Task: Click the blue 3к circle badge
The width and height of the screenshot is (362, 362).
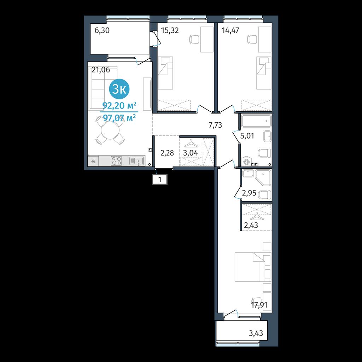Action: pyautogui.click(x=119, y=89)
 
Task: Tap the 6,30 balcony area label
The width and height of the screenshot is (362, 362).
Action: pyautogui.click(x=102, y=30)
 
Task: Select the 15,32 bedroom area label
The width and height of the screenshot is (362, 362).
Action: pyautogui.click(x=170, y=30)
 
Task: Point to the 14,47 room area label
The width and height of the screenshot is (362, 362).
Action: pyautogui.click(x=230, y=30)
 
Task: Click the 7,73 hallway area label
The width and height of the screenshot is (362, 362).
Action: pyautogui.click(x=215, y=125)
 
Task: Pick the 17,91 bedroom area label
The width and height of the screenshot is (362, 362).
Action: pyautogui.click(x=259, y=305)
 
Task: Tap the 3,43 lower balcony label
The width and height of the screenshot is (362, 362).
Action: pyautogui.click(x=256, y=333)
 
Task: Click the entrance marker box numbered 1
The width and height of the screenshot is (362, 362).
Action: pyautogui.click(x=159, y=179)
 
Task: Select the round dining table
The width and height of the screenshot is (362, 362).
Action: pyautogui.click(x=110, y=130)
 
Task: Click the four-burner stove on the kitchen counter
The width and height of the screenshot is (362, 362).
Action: pyautogui.click(x=116, y=161)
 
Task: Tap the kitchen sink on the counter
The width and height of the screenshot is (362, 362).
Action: pyautogui.click(x=137, y=161)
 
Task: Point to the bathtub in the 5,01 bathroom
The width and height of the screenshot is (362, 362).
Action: pyautogui.click(x=256, y=121)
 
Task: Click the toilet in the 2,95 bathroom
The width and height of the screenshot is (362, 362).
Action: pyautogui.click(x=265, y=195)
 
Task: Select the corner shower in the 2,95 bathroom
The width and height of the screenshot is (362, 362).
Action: pyautogui.click(x=263, y=177)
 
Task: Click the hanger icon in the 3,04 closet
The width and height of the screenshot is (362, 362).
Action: pyautogui.click(x=191, y=144)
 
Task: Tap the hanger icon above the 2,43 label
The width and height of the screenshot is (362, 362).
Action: pyautogui.click(x=256, y=216)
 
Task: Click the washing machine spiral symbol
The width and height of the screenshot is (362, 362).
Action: pyautogui.click(x=246, y=162)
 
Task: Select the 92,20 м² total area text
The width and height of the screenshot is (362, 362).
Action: pyautogui.click(x=119, y=106)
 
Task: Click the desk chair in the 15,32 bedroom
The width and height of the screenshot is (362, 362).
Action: pyautogui.click(x=194, y=39)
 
